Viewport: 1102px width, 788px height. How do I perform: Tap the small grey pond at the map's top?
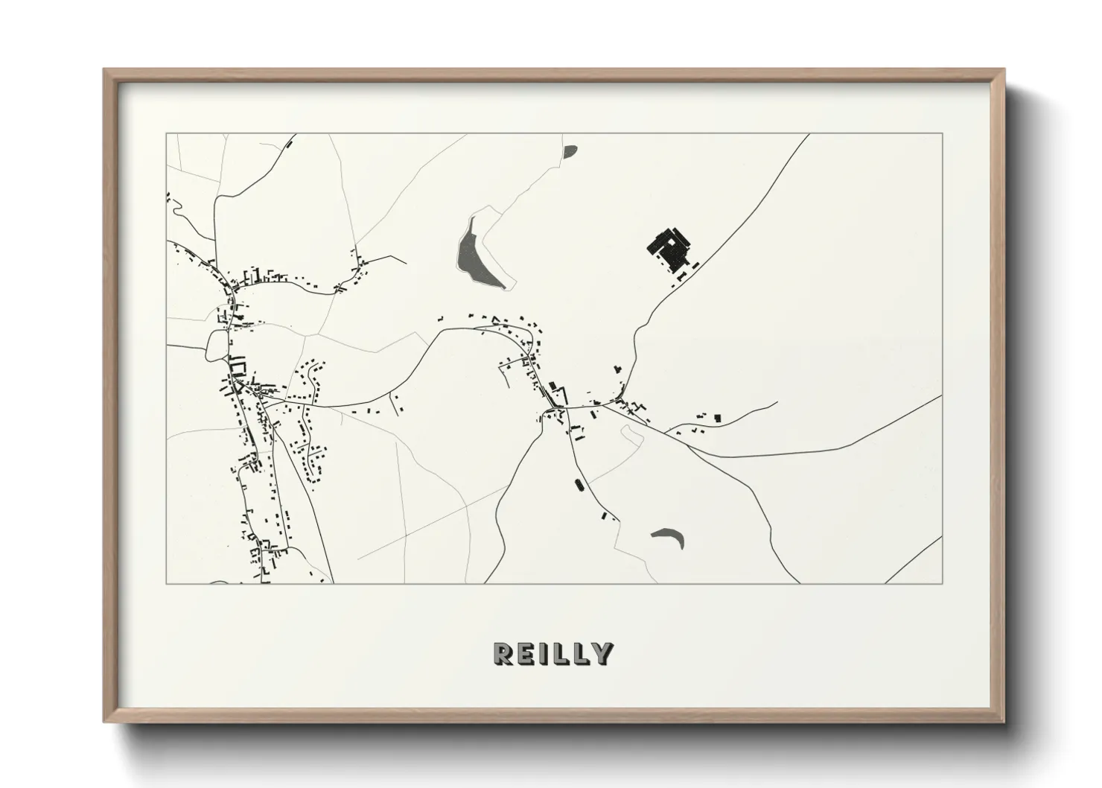coord(570,152)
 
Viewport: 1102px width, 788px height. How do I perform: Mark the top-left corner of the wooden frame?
coord(104,70)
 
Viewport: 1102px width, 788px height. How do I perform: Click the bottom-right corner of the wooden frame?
coord(1003,722)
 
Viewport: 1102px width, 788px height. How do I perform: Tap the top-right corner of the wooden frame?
coord(1003,70)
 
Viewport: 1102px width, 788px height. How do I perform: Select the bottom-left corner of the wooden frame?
coord(104,722)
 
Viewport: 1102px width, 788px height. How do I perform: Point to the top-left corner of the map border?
coord(167,134)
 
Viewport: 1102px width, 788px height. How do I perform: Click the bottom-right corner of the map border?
coord(942,583)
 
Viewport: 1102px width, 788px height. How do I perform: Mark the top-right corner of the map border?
coord(942,134)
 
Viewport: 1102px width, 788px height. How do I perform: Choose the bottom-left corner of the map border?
coord(167,583)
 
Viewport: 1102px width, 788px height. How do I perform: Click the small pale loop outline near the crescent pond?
coord(631,436)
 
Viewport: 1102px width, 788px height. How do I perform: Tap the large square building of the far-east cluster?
coord(717,418)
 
